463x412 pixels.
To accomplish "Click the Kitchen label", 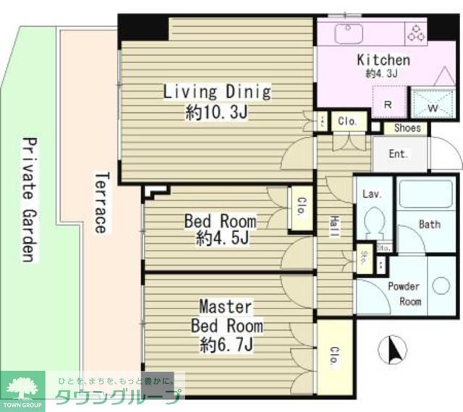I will pos(383,60).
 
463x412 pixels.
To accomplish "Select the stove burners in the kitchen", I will pos(417,33).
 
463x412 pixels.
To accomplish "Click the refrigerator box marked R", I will pos(387,104).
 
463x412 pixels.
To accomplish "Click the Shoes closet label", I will pos(407,128).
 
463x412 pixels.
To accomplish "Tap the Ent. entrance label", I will pos(399,154).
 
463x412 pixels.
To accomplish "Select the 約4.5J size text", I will pos(220,238).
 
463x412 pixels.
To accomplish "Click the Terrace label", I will pos(101,202).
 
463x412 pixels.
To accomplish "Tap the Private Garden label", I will pos(27,199).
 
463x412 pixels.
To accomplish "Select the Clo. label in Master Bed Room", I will pos(335,356).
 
